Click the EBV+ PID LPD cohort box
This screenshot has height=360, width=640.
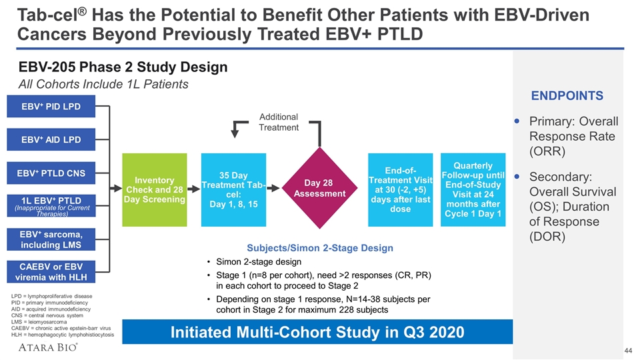coord(51,107)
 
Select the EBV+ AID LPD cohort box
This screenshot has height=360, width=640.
coord(51,140)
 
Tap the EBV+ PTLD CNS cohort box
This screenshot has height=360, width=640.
coord(51,174)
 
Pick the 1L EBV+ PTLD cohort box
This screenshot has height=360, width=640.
coord(51,205)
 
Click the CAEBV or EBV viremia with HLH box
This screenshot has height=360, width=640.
coord(51,273)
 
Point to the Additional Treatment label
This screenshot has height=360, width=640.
coord(279,122)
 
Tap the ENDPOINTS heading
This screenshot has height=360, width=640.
coord(567,96)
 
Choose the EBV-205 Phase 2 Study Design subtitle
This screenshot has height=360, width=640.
coord(123,67)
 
